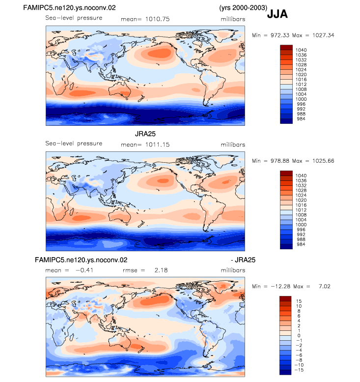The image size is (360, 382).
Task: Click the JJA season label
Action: (x=277, y=14)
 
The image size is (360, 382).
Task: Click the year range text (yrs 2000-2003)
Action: (x=243, y=8)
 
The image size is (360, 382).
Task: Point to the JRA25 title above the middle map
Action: (x=145, y=134)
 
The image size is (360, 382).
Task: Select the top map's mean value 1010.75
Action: (x=157, y=19)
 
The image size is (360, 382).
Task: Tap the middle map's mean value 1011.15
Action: (x=157, y=145)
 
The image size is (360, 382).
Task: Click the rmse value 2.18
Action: (x=161, y=270)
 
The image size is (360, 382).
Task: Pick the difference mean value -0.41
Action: (x=84, y=270)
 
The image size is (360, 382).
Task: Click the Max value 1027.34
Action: (x=323, y=35)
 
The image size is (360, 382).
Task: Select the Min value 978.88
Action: (x=280, y=161)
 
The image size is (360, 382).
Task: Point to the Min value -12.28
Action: (x=280, y=286)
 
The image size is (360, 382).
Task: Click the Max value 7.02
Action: (x=325, y=286)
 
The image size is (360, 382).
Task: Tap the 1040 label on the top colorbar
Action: (x=301, y=50)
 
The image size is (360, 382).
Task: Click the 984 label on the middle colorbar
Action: (x=301, y=244)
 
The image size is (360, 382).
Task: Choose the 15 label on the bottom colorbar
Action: (x=299, y=301)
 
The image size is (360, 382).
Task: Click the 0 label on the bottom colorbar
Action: (x=299, y=335)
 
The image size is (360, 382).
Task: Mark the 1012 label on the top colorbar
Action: (x=301, y=84)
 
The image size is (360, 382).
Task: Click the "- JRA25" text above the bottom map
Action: (x=243, y=260)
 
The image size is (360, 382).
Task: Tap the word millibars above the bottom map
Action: (x=233, y=270)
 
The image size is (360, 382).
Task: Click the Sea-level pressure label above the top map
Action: (x=74, y=18)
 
